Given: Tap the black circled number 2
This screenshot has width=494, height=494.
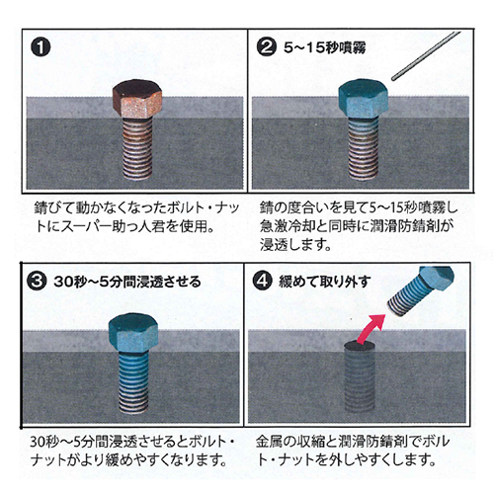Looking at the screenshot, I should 267,46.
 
